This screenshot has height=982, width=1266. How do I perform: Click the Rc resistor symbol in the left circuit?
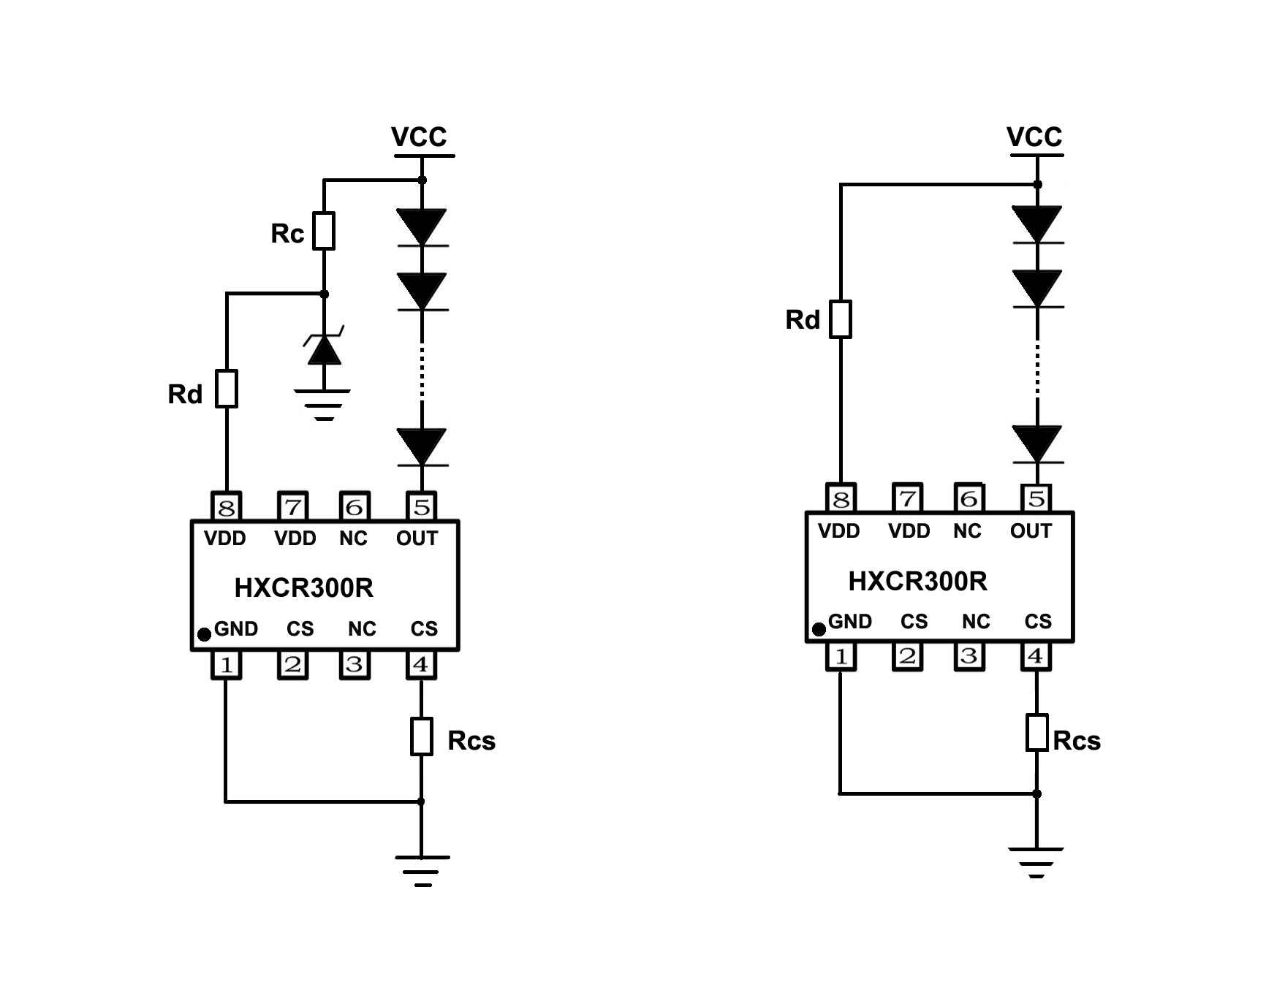click(324, 231)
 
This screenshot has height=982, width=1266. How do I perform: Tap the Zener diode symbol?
click(324, 349)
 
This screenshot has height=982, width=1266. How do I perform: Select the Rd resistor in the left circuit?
click(227, 389)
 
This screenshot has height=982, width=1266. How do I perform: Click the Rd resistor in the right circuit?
click(841, 319)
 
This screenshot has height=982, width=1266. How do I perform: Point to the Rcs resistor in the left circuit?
click(421, 736)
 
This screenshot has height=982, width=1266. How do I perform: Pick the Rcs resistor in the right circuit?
click(1036, 733)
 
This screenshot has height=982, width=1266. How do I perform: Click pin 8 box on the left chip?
click(227, 506)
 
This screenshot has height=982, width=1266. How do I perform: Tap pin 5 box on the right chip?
click(1036, 498)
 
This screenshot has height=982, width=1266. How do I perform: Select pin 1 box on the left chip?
click(227, 665)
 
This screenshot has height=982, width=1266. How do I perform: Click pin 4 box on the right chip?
click(1036, 656)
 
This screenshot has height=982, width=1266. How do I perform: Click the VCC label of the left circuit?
click(419, 137)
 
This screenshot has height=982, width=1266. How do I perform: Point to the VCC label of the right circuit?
click(1034, 137)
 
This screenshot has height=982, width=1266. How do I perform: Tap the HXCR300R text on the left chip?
click(303, 587)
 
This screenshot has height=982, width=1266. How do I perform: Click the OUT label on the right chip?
click(1031, 531)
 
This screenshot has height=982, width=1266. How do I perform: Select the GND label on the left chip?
click(235, 629)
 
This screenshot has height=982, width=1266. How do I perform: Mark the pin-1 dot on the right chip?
click(819, 628)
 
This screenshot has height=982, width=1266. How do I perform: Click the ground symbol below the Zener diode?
click(323, 404)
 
